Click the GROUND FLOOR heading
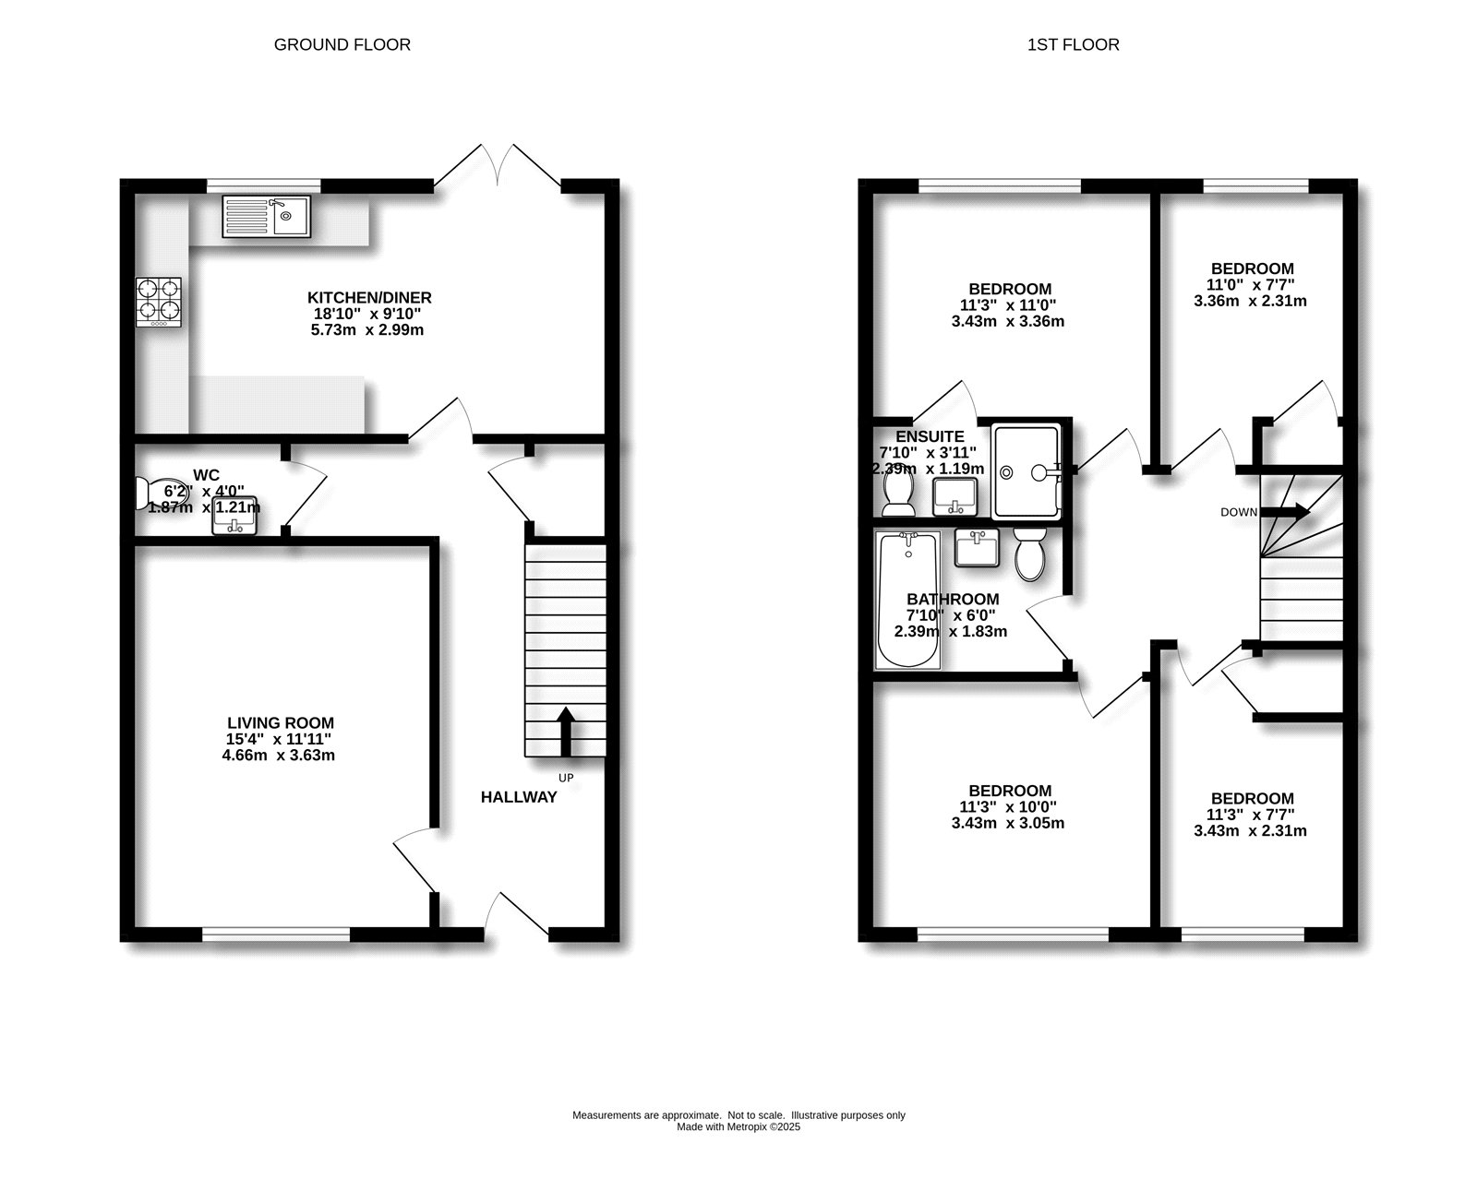pos(342,44)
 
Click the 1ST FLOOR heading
pos(1073,44)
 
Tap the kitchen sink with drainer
pos(266,216)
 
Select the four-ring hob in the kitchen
pos(159,302)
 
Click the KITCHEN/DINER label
pos(369,298)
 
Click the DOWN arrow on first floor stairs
pos(1285,511)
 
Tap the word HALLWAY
pos(519,797)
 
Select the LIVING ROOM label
pos(281,723)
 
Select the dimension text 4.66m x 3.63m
pos(281,755)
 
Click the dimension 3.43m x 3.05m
pos(1008,822)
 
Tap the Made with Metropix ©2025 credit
pos(738,1126)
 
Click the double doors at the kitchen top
pos(498,170)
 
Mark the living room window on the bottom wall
pos(276,934)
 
